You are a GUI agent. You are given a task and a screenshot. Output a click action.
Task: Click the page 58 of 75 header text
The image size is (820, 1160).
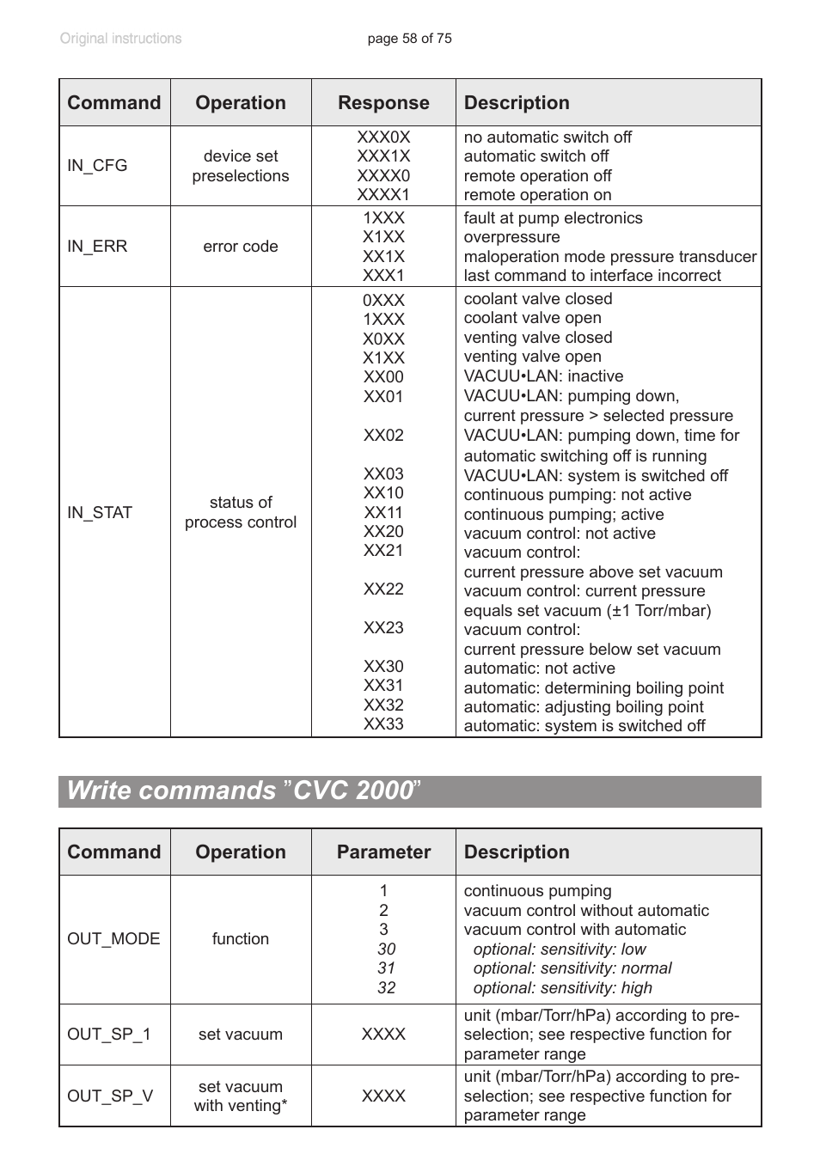point(409,39)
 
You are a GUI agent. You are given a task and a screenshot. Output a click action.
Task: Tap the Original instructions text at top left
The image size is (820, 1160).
point(120,39)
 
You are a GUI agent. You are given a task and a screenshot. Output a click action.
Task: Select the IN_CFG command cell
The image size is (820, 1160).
point(97,166)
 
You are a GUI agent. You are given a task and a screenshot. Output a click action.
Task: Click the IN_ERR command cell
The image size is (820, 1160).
point(97,247)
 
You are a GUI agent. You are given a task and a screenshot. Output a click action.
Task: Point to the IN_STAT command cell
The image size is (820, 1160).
point(100,513)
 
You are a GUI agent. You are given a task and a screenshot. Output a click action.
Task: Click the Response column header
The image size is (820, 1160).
point(383,103)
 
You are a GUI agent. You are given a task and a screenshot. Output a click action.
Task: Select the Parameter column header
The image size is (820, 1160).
point(383,852)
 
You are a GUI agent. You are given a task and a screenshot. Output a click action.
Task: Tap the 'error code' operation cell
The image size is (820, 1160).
point(241,247)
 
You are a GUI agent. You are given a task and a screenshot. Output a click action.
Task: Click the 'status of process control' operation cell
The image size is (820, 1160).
point(241,512)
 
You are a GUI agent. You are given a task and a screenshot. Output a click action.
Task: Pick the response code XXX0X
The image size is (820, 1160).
point(383,137)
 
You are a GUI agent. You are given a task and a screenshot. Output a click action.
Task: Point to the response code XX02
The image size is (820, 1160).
point(383,436)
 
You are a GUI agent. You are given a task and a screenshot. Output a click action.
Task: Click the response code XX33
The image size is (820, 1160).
point(383,724)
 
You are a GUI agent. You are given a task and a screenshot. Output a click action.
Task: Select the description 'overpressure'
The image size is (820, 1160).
point(511,237)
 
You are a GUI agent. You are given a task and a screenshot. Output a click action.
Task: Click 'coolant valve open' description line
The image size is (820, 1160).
point(532,318)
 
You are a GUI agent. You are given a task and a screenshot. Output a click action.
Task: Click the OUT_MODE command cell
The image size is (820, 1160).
point(113,939)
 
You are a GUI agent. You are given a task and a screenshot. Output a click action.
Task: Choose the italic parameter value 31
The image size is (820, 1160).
point(386,968)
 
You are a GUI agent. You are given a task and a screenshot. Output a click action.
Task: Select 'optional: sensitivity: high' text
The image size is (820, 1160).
point(562,988)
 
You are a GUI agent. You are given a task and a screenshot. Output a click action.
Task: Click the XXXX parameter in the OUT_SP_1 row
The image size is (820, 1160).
point(383,1035)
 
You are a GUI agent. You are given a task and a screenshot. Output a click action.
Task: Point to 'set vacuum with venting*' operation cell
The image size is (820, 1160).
point(241,1096)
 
